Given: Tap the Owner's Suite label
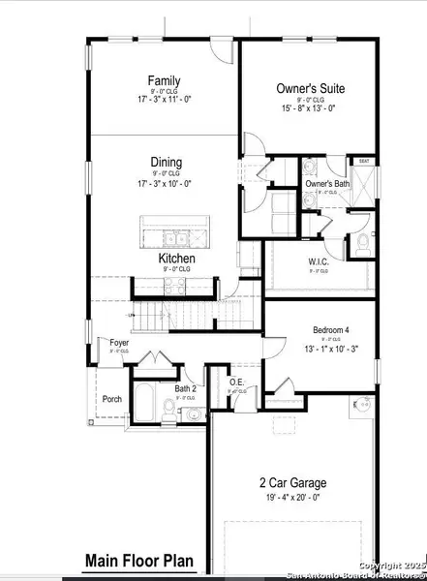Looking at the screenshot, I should [310, 88].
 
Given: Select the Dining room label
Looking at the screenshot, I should [166, 163].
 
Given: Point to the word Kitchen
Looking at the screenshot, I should [177, 260].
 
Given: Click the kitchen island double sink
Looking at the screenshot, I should [176, 237].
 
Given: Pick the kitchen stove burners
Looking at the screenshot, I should [176, 285].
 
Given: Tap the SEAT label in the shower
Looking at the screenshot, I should [364, 162].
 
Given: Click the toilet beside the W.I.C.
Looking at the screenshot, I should [362, 243].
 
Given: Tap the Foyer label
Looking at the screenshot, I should [119, 342].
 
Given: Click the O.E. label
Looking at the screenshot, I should [237, 382].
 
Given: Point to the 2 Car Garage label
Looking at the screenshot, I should [291, 483].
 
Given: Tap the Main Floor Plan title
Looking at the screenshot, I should [139, 560].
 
